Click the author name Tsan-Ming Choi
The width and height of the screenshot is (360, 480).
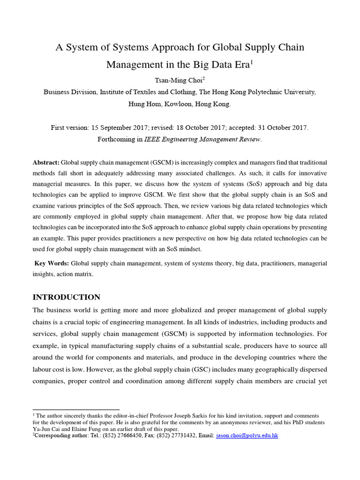click(179, 81)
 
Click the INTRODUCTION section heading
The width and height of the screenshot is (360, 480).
click(66, 297)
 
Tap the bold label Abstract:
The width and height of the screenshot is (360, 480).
click(46, 163)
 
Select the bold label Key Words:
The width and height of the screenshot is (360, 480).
click(52, 264)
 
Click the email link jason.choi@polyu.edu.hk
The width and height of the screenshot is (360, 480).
click(247, 435)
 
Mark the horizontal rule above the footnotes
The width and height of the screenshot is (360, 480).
click(76, 410)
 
